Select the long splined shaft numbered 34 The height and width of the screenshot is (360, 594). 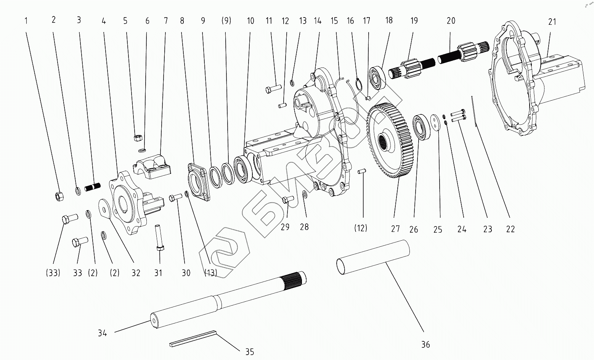pos(229,299)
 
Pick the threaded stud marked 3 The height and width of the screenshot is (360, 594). pos(92,187)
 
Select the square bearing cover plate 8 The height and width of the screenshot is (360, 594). pos(199,180)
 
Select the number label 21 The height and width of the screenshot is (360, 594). pos(552,22)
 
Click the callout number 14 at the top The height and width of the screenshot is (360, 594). pos(318,21)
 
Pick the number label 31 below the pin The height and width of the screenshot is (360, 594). pos(158,273)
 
